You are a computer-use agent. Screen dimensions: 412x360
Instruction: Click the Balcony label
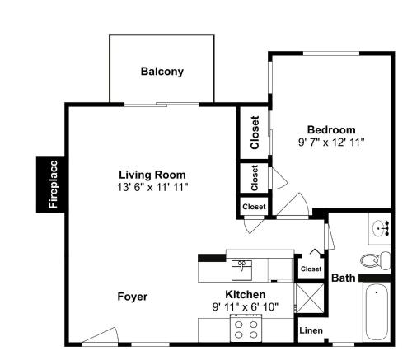pyautogui.click(x=162, y=72)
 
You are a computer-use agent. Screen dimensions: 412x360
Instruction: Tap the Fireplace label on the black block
pyautogui.click(x=53, y=185)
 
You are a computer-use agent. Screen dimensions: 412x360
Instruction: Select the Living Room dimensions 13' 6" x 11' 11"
pyautogui.click(x=152, y=188)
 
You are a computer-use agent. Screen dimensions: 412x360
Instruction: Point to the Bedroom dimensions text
pyautogui.click(x=331, y=143)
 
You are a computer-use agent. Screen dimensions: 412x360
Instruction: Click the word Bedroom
pyautogui.click(x=331, y=129)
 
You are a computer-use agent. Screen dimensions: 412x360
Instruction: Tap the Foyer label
pyautogui.click(x=133, y=297)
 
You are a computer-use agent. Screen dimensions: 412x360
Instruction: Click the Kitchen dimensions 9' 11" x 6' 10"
pyautogui.click(x=246, y=306)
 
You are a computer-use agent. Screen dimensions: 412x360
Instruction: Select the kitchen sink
pyautogui.click(x=241, y=270)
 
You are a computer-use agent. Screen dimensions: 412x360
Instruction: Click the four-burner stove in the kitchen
pyautogui.click(x=246, y=329)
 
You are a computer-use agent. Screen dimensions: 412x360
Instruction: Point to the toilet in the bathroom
pyautogui.click(x=375, y=259)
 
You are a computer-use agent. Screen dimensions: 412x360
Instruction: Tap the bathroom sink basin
pyautogui.click(x=381, y=228)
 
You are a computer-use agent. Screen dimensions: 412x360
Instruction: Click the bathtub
pyautogui.click(x=376, y=312)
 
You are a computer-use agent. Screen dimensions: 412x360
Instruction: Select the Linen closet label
pyautogui.click(x=311, y=330)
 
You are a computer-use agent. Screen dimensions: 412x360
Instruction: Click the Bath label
pyautogui.click(x=344, y=278)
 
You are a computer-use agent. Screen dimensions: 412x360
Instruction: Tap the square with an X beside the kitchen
pyautogui.click(x=310, y=298)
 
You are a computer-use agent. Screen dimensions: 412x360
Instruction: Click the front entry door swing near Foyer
pyautogui.click(x=101, y=335)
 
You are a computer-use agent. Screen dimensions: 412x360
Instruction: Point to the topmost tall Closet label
pyautogui.click(x=255, y=133)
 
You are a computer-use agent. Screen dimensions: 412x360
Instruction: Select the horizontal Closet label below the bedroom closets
pyautogui.click(x=254, y=207)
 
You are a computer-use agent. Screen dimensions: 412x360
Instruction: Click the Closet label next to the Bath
pyautogui.click(x=311, y=269)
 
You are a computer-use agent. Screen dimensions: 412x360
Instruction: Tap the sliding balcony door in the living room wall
pyautogui.click(x=162, y=105)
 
